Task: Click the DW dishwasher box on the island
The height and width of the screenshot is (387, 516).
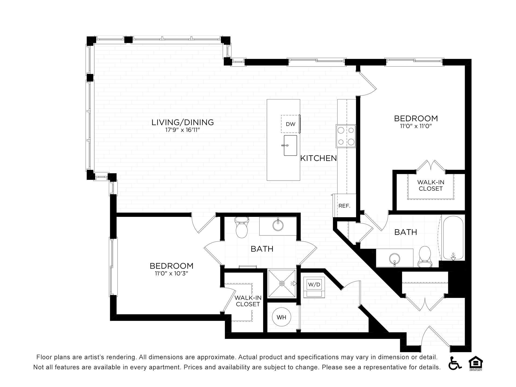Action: (291, 124)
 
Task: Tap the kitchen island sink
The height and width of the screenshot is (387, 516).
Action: (290, 145)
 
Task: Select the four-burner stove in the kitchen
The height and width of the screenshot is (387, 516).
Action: (346, 136)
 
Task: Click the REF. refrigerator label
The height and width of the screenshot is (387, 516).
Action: (344, 206)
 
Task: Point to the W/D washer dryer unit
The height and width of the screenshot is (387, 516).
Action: (314, 288)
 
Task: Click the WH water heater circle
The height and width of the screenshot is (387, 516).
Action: (281, 317)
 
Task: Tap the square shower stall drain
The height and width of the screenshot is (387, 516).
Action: (282, 283)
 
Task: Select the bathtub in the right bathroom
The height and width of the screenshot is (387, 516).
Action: (453, 238)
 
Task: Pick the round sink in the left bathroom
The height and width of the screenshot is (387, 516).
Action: (278, 225)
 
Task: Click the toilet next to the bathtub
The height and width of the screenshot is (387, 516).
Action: (425, 257)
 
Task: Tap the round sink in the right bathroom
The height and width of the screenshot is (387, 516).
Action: (395, 259)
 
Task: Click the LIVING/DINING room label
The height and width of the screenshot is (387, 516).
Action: (183, 122)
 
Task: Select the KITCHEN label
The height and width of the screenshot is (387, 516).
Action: (318, 158)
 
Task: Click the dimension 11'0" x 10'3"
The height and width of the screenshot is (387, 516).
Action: (171, 274)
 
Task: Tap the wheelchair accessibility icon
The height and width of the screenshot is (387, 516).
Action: (455, 363)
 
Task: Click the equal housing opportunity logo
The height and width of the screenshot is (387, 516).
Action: (476, 363)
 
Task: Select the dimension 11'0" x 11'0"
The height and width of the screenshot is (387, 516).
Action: (416, 126)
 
